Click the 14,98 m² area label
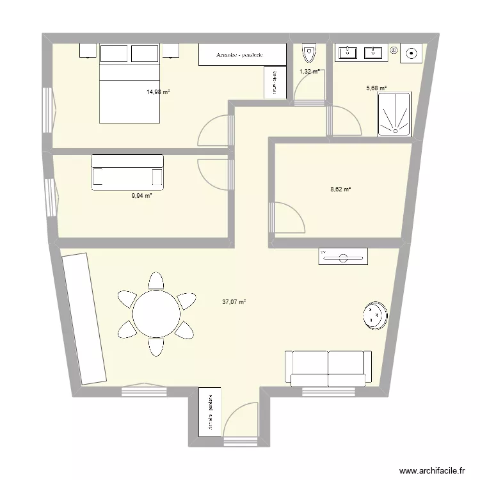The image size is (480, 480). pos(158,92)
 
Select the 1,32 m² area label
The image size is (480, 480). pos(309,72)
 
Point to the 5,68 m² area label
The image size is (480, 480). pos(376,88)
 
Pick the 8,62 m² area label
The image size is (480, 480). pos(340,189)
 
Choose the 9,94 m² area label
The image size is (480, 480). pos(141,196)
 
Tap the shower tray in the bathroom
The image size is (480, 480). pos(394,115)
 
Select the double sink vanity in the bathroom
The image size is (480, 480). pos(360,52)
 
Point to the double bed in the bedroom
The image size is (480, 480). pos(129,83)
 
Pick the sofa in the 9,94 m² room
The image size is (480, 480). pos(127,172)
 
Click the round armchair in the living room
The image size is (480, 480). pos(374,315)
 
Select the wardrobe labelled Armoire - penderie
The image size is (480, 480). pos(241,55)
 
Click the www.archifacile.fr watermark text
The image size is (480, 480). pos(431,470)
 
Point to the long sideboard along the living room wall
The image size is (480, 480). pos(83,318)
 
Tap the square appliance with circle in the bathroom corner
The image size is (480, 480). pos(411,53)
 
